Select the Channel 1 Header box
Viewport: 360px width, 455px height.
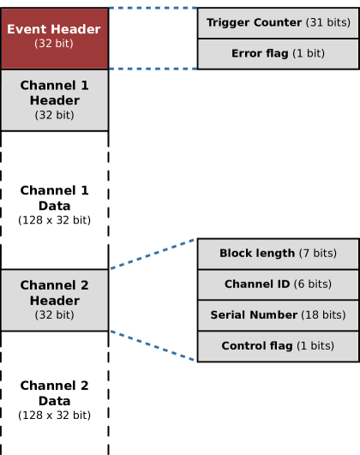pos(54,99)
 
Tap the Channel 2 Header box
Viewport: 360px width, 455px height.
pos(54,299)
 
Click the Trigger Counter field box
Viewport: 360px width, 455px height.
pos(278,22)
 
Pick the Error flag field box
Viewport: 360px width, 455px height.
pos(278,53)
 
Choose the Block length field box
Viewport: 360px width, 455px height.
pos(278,254)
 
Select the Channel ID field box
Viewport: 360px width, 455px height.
pos(278,284)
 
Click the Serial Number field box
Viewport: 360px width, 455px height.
pos(278,315)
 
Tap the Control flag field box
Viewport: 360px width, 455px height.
pos(278,346)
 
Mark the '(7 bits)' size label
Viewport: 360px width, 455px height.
pos(317,254)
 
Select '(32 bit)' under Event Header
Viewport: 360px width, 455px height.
pos(54,43)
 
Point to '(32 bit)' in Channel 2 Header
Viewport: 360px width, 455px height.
pos(54,315)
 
